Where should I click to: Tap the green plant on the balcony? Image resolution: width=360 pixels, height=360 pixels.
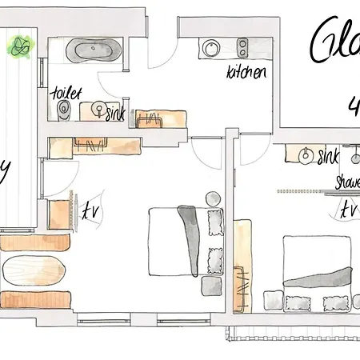click(18, 48)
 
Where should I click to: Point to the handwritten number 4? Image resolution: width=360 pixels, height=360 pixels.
click(354, 105)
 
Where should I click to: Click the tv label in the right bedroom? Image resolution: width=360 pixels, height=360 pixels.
click(347, 210)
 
